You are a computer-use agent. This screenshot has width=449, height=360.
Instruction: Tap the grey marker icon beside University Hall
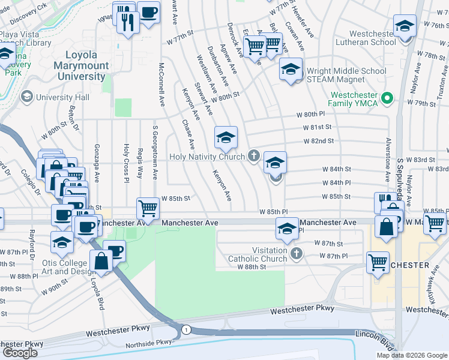click(26, 97)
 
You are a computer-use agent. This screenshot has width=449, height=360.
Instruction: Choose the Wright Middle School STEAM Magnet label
click(346, 75)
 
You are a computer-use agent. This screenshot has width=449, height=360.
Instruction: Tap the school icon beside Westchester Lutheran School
click(405, 26)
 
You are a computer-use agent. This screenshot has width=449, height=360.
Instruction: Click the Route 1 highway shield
click(186, 329)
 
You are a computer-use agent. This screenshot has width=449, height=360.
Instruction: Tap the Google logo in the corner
click(20, 353)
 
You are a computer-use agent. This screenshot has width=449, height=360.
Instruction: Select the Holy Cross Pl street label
click(126, 162)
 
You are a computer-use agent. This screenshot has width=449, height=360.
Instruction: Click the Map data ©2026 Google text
click(411, 355)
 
